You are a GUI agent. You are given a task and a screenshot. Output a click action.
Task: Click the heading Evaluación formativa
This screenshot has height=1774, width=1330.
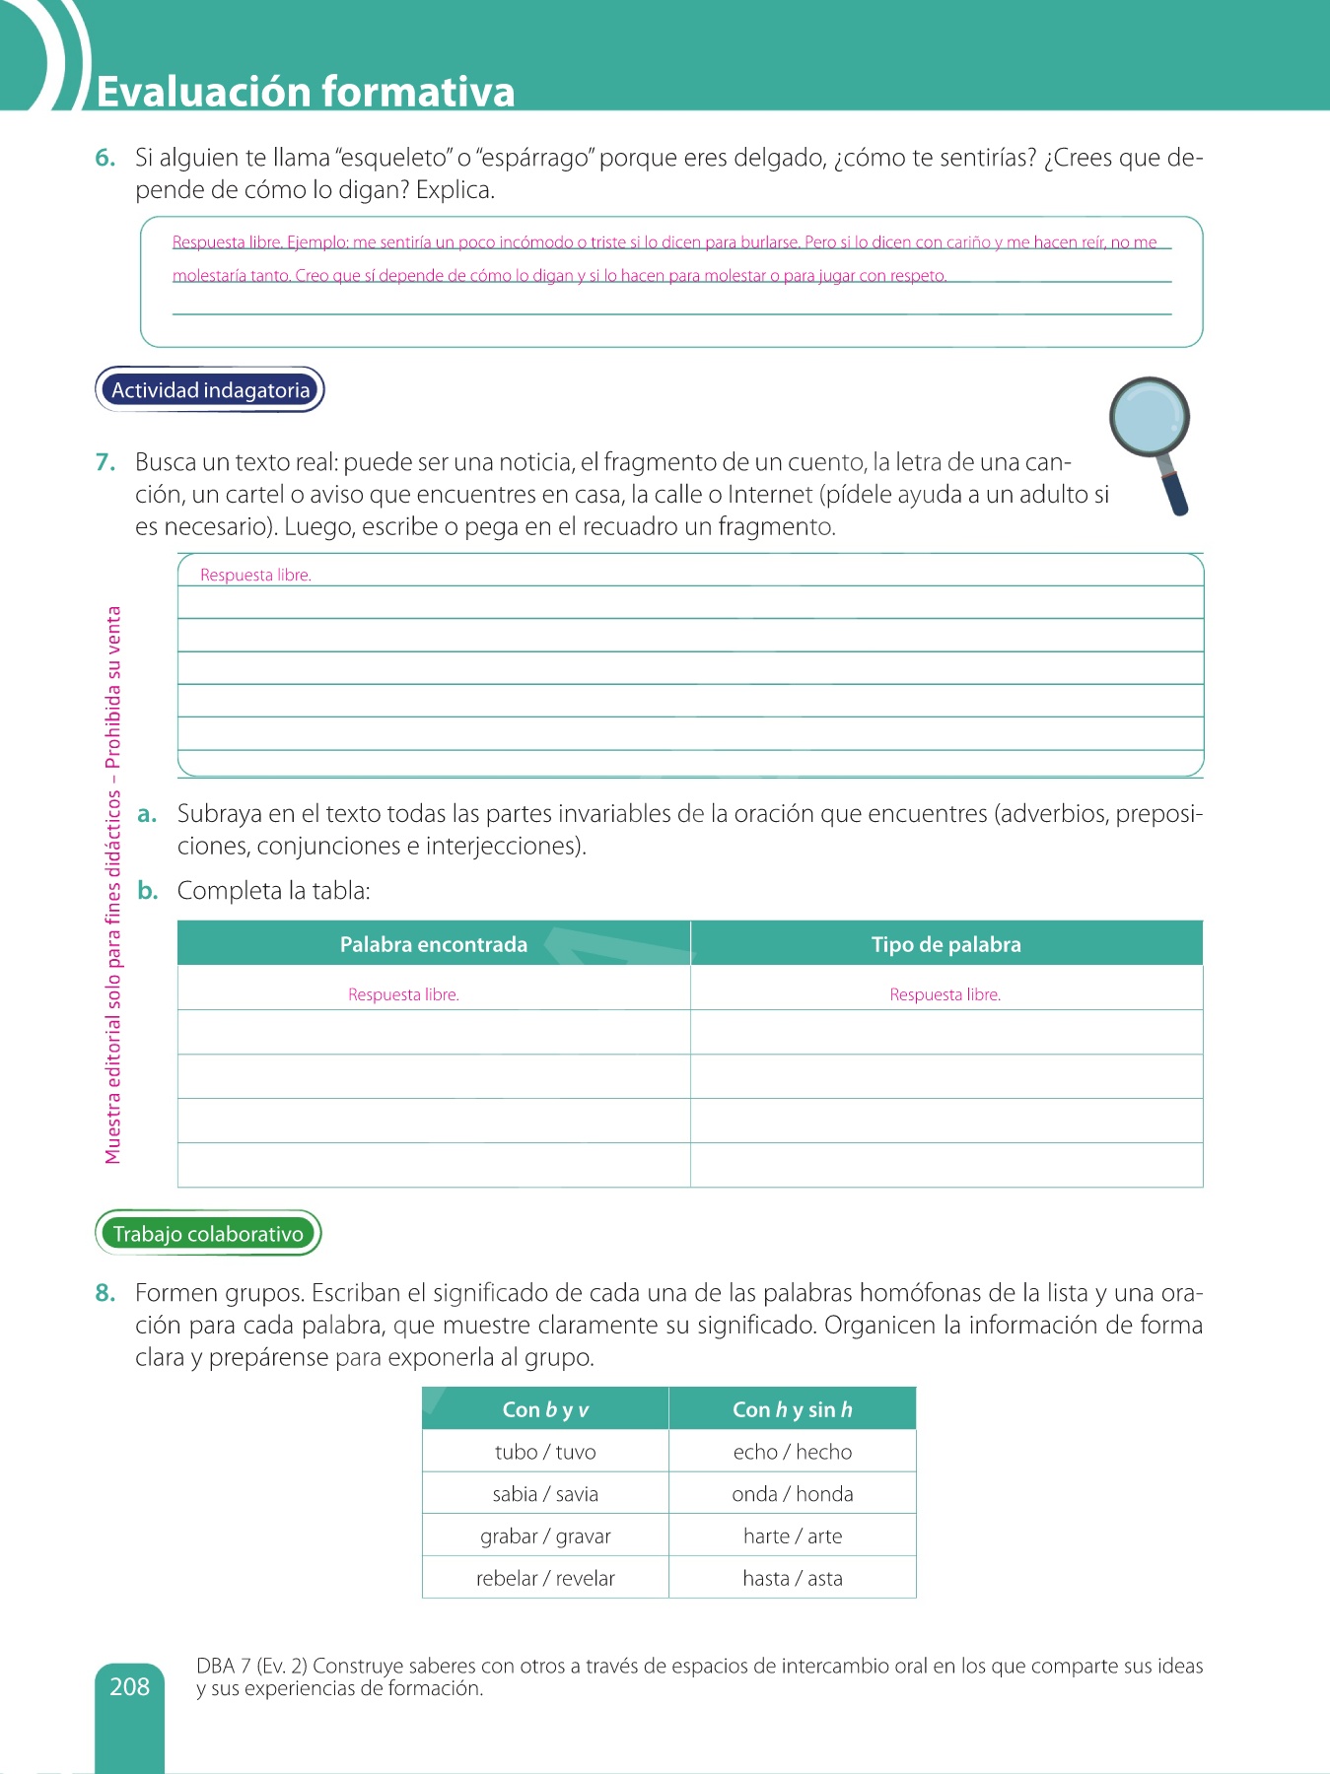[x=306, y=91]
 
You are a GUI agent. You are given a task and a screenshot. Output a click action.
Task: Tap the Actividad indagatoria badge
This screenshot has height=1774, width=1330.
[x=210, y=390]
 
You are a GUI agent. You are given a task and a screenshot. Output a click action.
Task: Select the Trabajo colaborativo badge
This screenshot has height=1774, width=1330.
[x=208, y=1234]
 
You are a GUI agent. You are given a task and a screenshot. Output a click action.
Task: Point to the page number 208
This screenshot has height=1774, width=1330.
[x=129, y=1686]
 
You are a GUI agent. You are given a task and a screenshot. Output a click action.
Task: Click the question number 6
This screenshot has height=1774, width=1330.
[x=105, y=158]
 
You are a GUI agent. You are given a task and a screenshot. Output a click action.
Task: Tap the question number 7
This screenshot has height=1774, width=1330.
[x=105, y=462]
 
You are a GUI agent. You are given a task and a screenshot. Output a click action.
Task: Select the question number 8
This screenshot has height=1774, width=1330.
[x=105, y=1293]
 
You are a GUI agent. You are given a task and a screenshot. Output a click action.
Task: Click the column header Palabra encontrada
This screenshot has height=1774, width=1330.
[x=434, y=944]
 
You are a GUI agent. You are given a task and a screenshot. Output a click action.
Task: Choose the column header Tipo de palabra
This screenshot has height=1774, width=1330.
[x=945, y=944]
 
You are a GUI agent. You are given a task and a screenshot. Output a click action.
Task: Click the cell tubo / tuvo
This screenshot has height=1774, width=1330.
[x=545, y=1452]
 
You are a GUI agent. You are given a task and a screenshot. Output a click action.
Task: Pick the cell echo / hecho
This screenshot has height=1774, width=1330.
[x=793, y=1452]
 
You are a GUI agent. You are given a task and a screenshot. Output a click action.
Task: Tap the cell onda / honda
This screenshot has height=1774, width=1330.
[x=793, y=1494]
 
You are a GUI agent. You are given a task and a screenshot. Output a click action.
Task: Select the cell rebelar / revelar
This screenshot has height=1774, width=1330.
[x=545, y=1578]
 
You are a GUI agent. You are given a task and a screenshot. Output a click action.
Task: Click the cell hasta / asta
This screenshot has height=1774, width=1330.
[x=793, y=1578]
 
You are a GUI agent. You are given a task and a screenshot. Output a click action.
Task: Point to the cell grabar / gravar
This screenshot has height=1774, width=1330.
[x=545, y=1535]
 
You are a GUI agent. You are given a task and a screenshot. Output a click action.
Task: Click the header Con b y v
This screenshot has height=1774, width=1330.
[x=545, y=1409]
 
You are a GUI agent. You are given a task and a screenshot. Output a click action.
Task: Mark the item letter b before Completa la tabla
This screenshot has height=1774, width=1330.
[x=148, y=891]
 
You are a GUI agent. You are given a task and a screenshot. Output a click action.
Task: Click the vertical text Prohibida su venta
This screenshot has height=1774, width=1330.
[x=114, y=686]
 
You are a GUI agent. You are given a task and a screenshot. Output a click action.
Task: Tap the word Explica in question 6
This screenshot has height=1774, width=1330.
[x=455, y=190]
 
